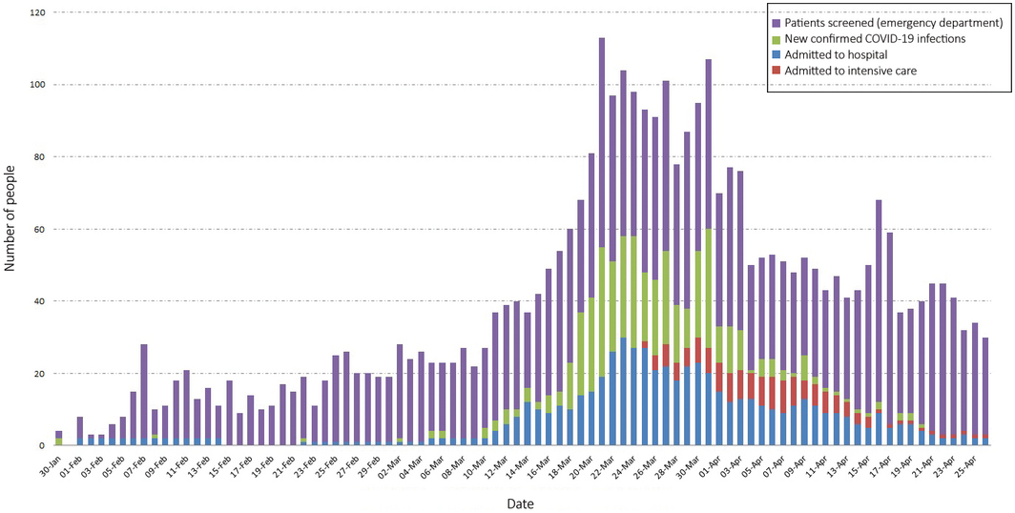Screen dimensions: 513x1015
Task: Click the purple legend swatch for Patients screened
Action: [777, 22]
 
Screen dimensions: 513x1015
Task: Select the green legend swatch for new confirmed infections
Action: [777, 39]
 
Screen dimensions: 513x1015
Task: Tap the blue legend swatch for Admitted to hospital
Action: [777, 55]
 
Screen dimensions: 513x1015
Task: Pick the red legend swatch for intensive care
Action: [777, 72]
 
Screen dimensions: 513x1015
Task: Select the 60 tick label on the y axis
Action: [37, 229]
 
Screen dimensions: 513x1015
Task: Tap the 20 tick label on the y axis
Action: [37, 374]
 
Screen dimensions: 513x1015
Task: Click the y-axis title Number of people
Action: [10, 228]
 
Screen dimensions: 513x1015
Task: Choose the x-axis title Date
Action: [520, 503]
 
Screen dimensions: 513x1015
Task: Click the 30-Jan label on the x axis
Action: [51, 464]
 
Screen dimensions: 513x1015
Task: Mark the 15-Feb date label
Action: [220, 464]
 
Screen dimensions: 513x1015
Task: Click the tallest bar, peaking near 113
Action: [602, 238]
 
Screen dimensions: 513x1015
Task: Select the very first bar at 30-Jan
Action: [59, 439]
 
